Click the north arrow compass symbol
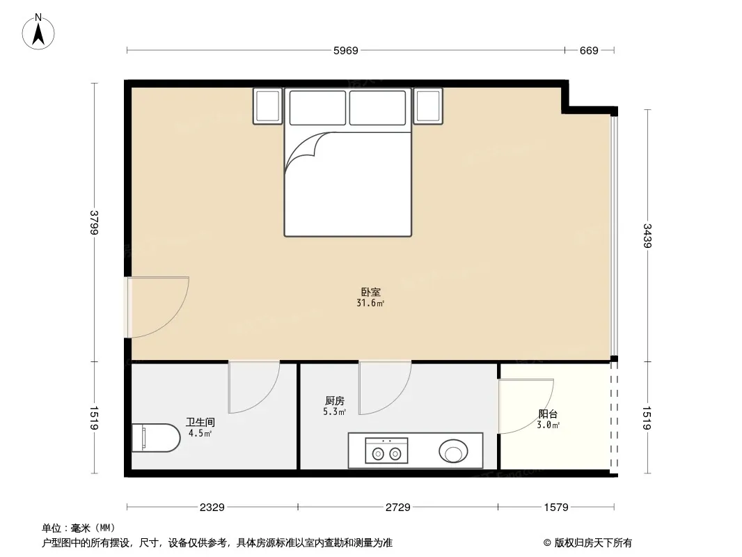[x=38, y=32]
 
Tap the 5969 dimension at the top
[x=346, y=51]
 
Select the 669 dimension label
[x=589, y=51]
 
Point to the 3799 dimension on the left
[x=94, y=222]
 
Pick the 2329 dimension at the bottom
[x=212, y=508]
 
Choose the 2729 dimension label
[x=398, y=508]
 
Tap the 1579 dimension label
[x=556, y=508]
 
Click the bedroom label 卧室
[x=370, y=292]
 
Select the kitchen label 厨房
[x=335, y=401]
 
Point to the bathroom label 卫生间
[x=200, y=422]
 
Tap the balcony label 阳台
[x=548, y=414]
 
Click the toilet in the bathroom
[x=155, y=438]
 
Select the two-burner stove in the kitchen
[x=386, y=450]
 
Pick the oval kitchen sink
[x=453, y=451]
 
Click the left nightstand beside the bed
[x=268, y=106]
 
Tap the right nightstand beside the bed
[x=428, y=106]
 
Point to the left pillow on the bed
[x=317, y=108]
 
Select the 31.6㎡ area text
[x=370, y=304]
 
